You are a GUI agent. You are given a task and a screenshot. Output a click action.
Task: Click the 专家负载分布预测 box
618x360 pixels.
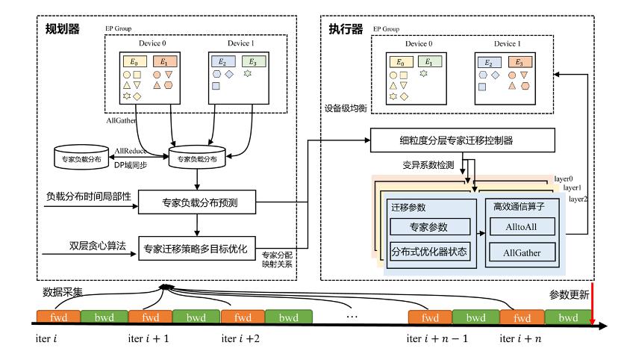[197, 202]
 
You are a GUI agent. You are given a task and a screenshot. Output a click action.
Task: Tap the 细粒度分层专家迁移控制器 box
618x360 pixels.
[462, 140]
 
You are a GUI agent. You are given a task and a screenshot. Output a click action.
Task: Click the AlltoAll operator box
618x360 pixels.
[522, 227]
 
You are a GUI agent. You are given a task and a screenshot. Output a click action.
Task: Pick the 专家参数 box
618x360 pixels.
[430, 227]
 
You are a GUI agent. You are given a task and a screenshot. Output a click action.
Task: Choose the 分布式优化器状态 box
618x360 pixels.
[430, 252]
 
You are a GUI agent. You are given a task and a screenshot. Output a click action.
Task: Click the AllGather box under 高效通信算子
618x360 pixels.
[522, 252]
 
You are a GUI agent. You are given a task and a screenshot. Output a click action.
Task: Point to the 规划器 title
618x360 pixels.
[62, 29]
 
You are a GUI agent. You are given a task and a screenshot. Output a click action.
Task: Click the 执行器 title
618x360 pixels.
[346, 29]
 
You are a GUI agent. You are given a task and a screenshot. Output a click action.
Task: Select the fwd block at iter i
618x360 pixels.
[58, 317]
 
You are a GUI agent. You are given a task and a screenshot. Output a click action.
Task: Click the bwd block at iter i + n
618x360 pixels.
[568, 317]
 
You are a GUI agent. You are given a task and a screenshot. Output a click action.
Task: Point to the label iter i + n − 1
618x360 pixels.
[437, 338]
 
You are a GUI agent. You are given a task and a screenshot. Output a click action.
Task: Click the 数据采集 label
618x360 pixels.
[63, 292]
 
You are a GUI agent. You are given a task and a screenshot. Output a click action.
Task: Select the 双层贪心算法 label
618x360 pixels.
[97, 246]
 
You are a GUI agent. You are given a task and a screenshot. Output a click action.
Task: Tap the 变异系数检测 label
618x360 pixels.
[428, 165]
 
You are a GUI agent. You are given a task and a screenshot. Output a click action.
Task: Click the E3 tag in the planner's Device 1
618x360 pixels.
[254, 61]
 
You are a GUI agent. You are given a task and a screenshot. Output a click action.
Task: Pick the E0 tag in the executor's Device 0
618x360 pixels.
[402, 62]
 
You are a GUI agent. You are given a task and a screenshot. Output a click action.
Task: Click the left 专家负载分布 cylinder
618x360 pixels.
[81, 158]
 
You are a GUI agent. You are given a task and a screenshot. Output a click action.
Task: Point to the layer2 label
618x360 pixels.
[578, 199]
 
